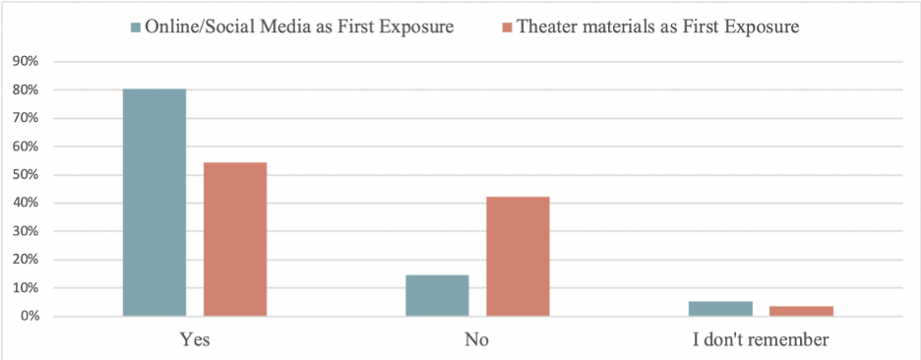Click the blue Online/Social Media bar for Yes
coord(154,203)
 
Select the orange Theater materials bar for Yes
coord(235,240)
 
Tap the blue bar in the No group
coord(437,295)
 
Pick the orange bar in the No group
coord(518,257)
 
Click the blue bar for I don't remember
coord(720,309)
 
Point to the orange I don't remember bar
coord(801,311)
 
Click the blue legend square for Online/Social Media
coord(136,28)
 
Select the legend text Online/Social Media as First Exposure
coord(299,27)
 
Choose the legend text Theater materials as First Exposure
coord(657,27)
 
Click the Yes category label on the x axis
coord(195,340)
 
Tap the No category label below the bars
coord(477,340)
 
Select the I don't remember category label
coord(761,340)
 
